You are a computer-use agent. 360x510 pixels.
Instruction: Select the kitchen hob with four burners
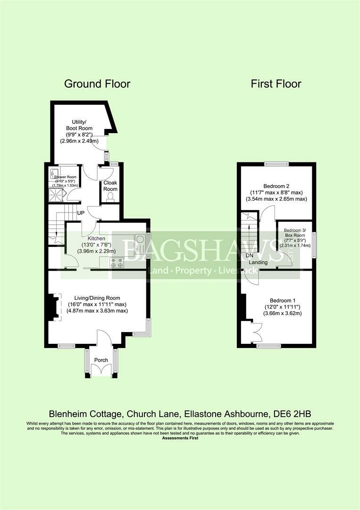(x=116, y=263)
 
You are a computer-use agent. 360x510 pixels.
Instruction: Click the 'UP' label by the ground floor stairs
(x=81, y=213)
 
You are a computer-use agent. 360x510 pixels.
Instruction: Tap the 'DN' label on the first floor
(x=250, y=255)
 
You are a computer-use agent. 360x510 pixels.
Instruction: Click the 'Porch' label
(x=101, y=360)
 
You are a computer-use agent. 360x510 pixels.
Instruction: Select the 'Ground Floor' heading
(x=97, y=84)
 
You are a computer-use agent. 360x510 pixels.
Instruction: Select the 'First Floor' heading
(x=276, y=84)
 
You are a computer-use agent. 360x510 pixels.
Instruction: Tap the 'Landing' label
(x=259, y=263)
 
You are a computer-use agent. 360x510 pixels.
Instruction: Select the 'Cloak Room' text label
(x=110, y=185)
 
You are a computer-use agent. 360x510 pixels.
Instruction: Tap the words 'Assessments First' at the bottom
(x=180, y=438)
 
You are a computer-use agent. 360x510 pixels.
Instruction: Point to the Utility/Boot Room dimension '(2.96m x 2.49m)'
(x=79, y=141)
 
